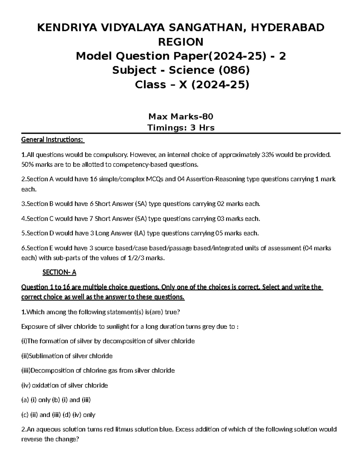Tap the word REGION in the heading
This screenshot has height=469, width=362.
click(x=181, y=42)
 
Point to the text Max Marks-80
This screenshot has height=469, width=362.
click(x=181, y=116)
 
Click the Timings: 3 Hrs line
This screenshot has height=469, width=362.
click(x=181, y=128)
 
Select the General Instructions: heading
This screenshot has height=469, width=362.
click(x=53, y=140)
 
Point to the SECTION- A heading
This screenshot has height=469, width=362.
click(x=59, y=272)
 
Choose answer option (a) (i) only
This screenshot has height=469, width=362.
click(x=36, y=400)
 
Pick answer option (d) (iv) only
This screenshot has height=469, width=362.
click(x=79, y=415)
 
